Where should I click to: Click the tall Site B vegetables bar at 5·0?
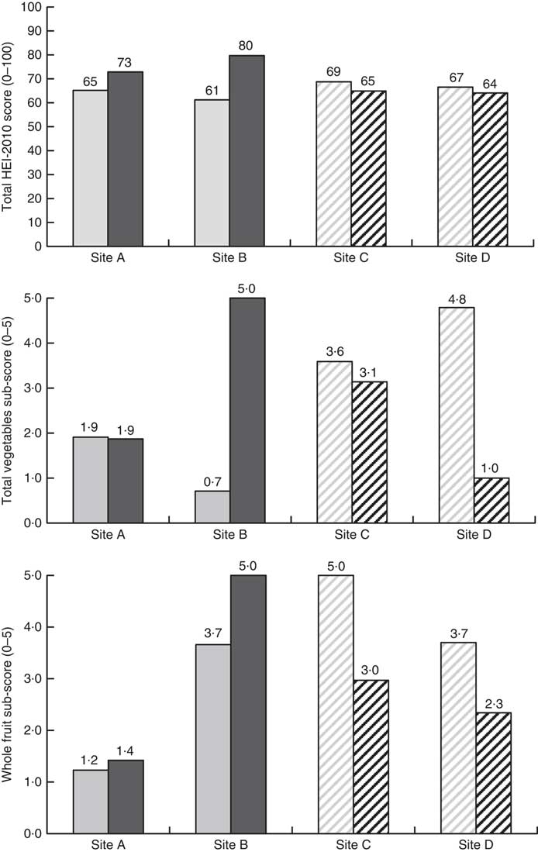[247, 410]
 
